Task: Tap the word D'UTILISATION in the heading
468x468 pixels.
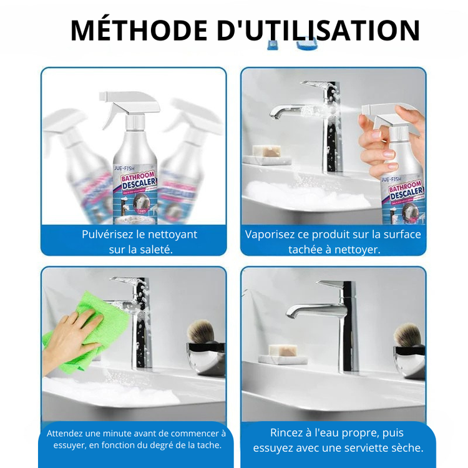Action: (x=318, y=31)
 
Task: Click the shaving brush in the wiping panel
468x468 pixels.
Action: (x=201, y=334)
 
